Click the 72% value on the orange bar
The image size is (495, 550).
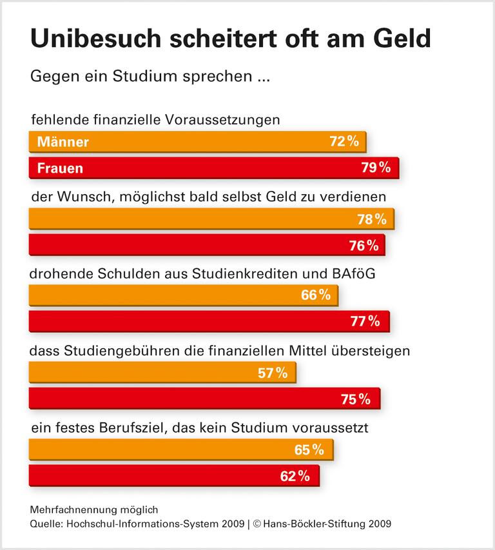(344, 142)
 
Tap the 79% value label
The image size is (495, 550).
(376, 168)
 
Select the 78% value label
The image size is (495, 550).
(372, 219)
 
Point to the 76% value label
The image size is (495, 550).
(364, 245)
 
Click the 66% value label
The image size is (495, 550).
(316, 295)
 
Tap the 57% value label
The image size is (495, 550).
(273, 373)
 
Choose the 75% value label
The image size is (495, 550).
(356, 399)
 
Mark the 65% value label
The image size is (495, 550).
(309, 449)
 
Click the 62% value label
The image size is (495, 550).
(295, 476)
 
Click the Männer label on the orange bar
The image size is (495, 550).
(63, 142)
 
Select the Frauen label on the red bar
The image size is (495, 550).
(60, 168)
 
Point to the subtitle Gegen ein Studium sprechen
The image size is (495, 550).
(148, 77)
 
